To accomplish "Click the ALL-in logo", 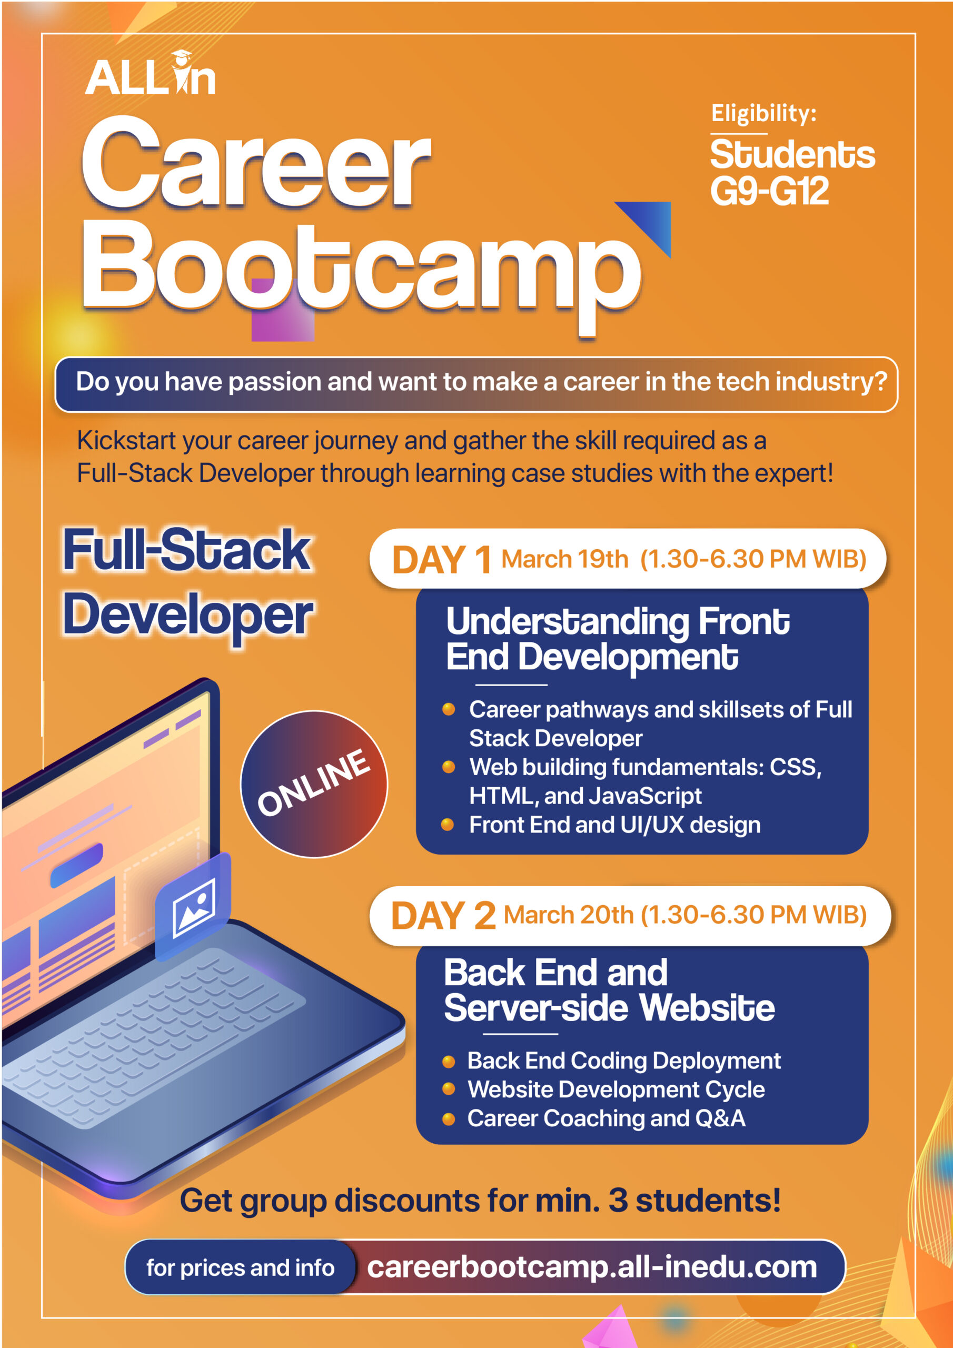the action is click(150, 73).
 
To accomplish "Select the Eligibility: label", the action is click(763, 113).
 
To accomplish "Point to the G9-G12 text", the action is click(769, 191).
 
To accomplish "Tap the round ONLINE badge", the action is click(314, 784).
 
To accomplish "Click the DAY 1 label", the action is click(442, 560).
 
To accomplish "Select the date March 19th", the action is click(564, 559).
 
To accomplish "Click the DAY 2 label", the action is click(443, 915).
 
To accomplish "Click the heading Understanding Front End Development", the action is click(618, 639).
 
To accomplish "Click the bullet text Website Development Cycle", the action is click(616, 1089).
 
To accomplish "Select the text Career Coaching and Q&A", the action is click(606, 1118).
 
